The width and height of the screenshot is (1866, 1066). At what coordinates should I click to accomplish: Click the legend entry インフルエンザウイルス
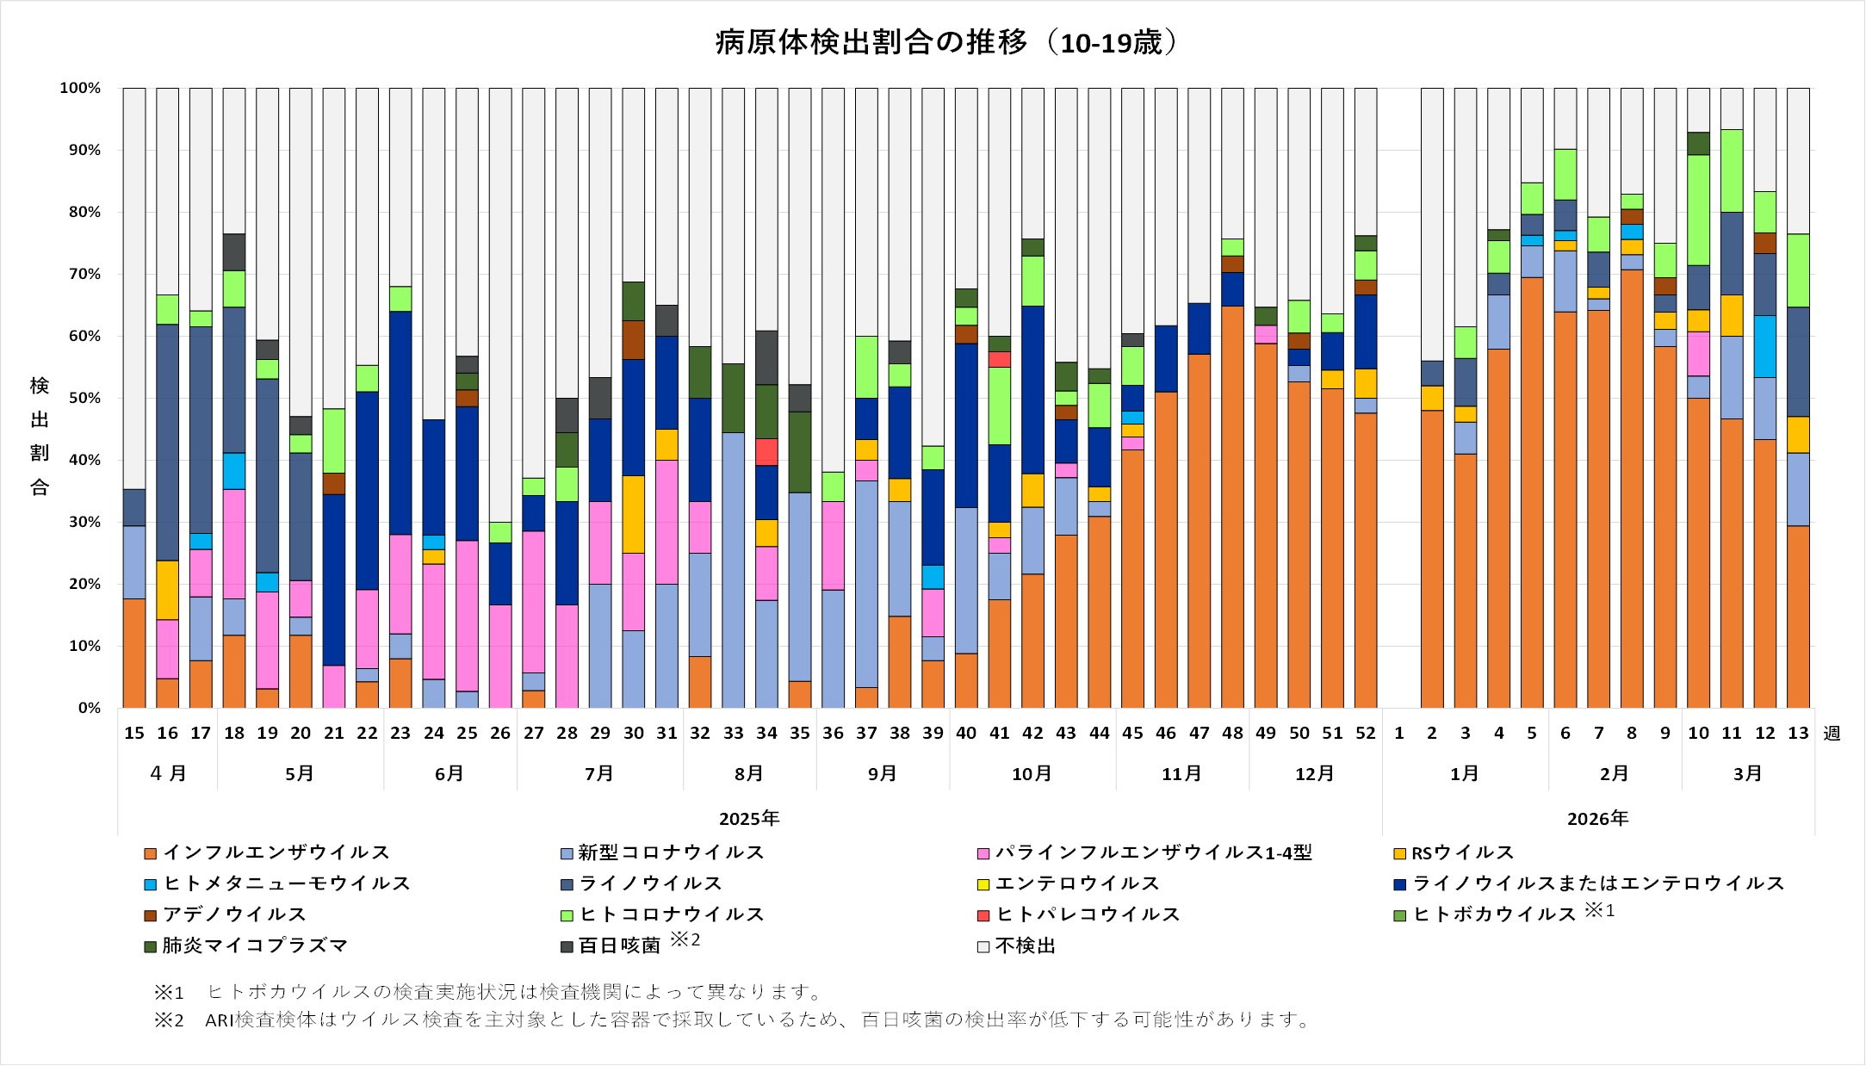pyautogui.click(x=276, y=852)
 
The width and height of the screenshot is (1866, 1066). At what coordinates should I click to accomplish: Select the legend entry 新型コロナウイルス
pyautogui.click(x=670, y=852)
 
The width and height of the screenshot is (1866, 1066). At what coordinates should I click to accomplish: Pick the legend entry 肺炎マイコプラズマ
pyautogui.click(x=254, y=945)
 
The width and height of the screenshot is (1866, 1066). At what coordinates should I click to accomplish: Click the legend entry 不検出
pyautogui.click(x=1025, y=945)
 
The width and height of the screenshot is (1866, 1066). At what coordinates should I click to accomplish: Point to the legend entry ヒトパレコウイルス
pyautogui.click(x=1087, y=914)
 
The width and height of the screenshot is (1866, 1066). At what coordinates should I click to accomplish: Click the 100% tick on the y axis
pyautogui.click(x=80, y=88)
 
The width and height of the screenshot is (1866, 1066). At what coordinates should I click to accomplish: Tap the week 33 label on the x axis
pyautogui.click(x=733, y=733)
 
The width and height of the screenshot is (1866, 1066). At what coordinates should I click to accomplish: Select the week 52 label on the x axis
pyautogui.click(x=1366, y=733)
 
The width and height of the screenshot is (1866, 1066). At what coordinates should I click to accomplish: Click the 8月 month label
pyautogui.click(x=749, y=773)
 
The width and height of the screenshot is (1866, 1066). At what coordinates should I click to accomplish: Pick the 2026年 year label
pyautogui.click(x=1597, y=818)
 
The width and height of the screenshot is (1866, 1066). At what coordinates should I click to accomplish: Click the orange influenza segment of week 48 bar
pyautogui.click(x=1232, y=508)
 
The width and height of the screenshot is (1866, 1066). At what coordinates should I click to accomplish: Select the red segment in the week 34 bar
pyautogui.click(x=766, y=451)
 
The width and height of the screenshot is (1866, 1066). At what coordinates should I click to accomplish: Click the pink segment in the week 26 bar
pyautogui.click(x=500, y=656)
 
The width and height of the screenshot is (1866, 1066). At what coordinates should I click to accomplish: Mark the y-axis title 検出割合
pyautogui.click(x=40, y=436)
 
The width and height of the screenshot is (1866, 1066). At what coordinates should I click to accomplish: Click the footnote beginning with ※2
pyautogui.click(x=732, y=1020)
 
